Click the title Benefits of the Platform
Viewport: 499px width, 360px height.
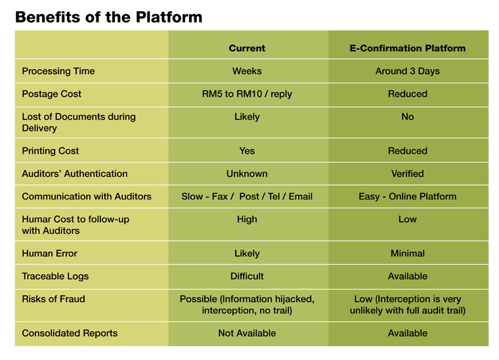pyautogui.click(x=108, y=17)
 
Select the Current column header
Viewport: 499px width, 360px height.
pyautogui.click(x=247, y=48)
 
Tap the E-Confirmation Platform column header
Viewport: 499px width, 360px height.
pyautogui.click(x=407, y=48)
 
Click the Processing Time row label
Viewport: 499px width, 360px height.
pyautogui.click(x=58, y=71)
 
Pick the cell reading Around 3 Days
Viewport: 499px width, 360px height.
pyautogui.click(x=407, y=71)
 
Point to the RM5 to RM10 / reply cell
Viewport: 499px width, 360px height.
pyautogui.click(x=247, y=94)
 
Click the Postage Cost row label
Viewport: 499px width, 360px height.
pyautogui.click(x=52, y=94)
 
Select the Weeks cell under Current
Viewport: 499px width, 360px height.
pyautogui.click(x=247, y=71)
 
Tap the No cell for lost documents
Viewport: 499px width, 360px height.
pyautogui.click(x=407, y=117)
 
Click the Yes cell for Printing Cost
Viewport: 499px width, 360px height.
pyautogui.click(x=247, y=151)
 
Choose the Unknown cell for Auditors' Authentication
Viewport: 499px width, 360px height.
pyautogui.click(x=247, y=174)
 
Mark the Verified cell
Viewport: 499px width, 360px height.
pyautogui.click(x=407, y=174)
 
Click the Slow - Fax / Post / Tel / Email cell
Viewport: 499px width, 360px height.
pyautogui.click(x=247, y=196)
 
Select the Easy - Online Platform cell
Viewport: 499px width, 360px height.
pyautogui.click(x=407, y=196)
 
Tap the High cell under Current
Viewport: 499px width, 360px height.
pyautogui.click(x=247, y=219)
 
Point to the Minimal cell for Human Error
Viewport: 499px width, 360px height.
pyautogui.click(x=407, y=254)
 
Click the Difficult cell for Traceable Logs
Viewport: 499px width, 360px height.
pyautogui.click(x=247, y=277)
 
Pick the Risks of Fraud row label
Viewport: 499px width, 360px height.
pyautogui.click(x=53, y=299)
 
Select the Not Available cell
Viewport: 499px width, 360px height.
pyautogui.click(x=247, y=333)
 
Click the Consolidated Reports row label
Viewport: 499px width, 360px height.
pyautogui.click(x=70, y=333)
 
